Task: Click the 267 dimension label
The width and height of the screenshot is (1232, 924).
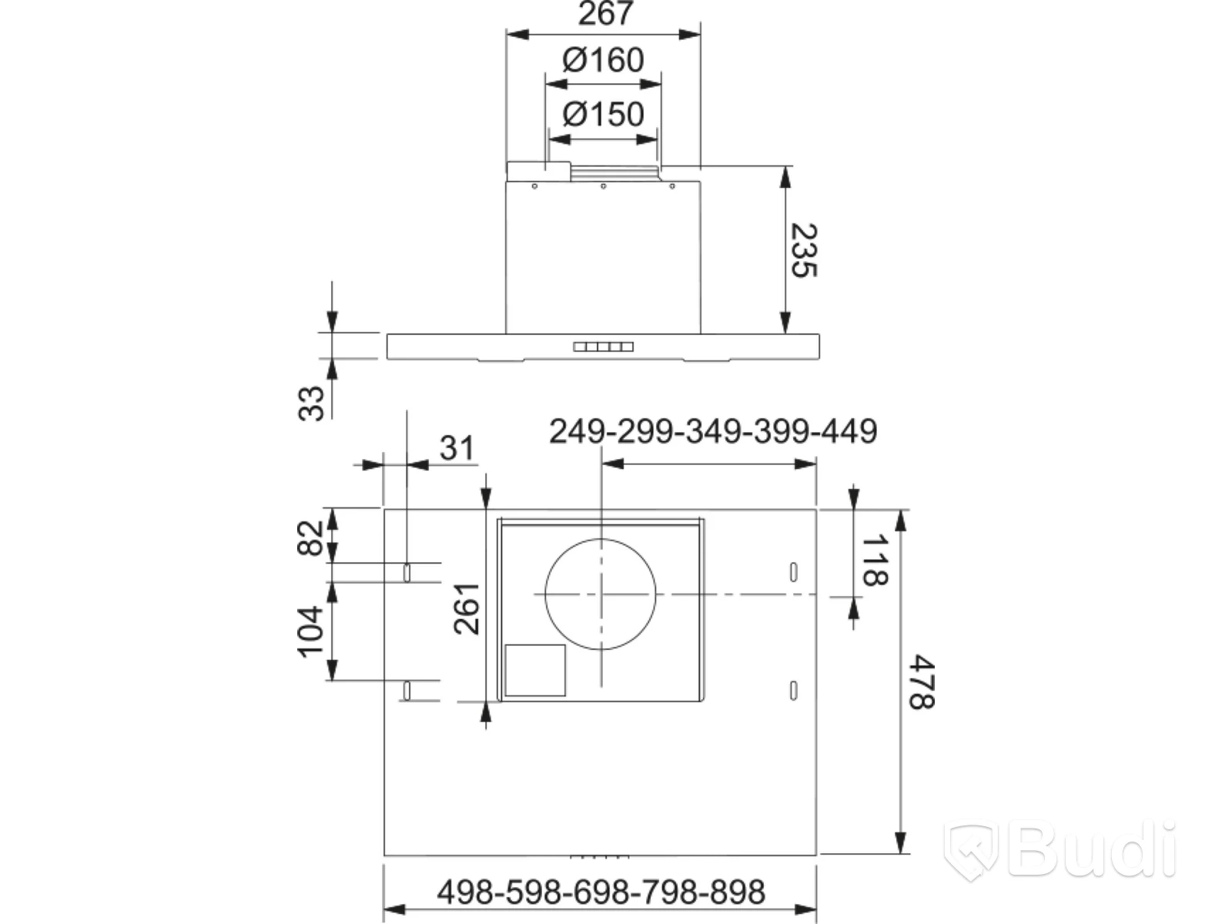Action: pyautogui.click(x=606, y=13)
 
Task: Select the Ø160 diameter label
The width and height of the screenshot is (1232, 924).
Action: pyautogui.click(x=604, y=59)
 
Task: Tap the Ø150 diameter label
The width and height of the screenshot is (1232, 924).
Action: pyautogui.click(x=604, y=114)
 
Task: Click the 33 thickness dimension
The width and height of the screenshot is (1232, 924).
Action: pyautogui.click(x=311, y=403)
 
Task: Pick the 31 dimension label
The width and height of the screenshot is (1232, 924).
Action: pyautogui.click(x=457, y=447)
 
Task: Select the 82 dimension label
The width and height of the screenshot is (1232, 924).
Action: pyautogui.click(x=310, y=538)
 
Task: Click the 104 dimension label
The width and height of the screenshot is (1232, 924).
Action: pyautogui.click(x=310, y=631)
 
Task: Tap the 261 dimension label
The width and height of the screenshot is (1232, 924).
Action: pyautogui.click(x=467, y=609)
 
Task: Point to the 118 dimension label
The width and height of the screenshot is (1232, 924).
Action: pyautogui.click(x=875, y=561)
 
